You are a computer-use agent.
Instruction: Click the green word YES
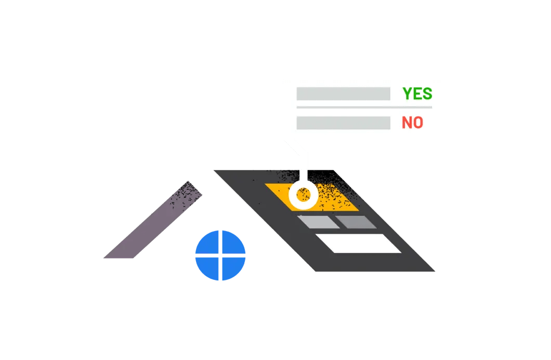417,94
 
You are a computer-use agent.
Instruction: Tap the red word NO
412,123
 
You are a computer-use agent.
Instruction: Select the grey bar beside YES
343,94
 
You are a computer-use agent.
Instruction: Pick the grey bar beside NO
343,123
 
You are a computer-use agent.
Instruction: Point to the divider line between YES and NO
364,108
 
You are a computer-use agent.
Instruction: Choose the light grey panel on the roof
318,222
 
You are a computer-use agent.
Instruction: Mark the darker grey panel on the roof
356,222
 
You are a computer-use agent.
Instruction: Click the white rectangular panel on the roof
359,243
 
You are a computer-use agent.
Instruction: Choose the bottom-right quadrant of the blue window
233,267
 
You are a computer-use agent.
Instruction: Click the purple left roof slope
153,225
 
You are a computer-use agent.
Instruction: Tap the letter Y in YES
408,94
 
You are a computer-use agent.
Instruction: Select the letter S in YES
427,94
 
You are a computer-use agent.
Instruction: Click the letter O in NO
417,123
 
